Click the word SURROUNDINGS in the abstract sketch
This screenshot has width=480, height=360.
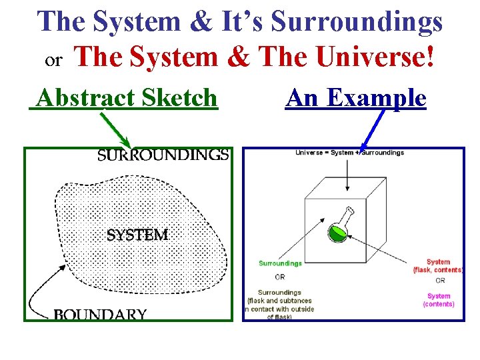click(x=163, y=155)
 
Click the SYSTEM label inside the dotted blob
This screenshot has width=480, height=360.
click(x=137, y=235)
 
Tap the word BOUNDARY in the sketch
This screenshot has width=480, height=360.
click(x=100, y=314)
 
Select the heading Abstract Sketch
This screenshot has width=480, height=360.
click(x=127, y=98)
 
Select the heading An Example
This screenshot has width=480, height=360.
click(x=355, y=98)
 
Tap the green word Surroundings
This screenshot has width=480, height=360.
click(x=280, y=263)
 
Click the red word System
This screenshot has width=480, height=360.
click(x=438, y=262)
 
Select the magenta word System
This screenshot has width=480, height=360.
click(x=439, y=296)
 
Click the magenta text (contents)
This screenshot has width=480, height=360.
click(x=439, y=305)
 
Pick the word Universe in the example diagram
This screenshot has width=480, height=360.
click(x=307, y=153)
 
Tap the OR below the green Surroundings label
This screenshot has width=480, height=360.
click(x=280, y=276)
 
